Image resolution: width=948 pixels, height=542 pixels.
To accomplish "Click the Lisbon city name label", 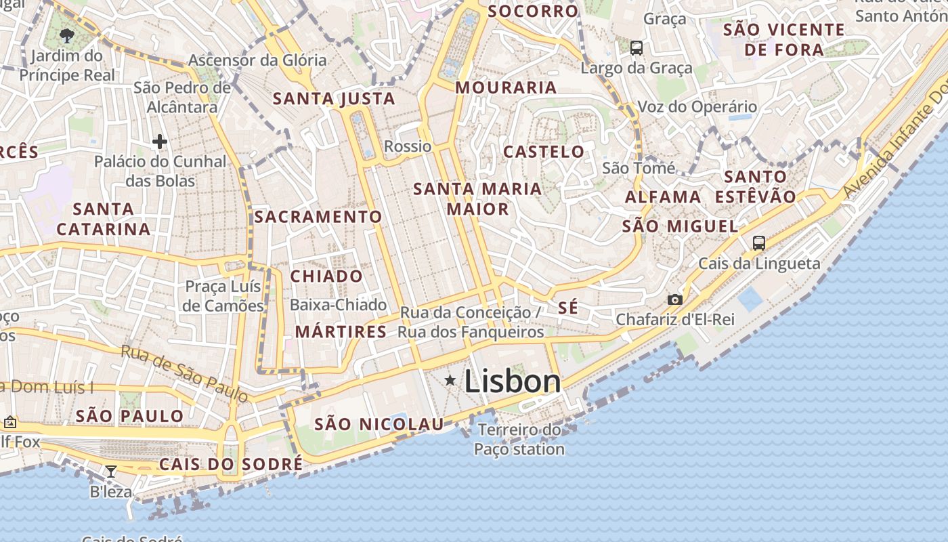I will point(513,381).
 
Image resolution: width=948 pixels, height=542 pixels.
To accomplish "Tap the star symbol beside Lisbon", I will point(450,381).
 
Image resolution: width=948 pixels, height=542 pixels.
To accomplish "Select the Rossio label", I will point(408,146).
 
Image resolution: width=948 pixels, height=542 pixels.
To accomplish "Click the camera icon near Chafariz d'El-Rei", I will point(674,299).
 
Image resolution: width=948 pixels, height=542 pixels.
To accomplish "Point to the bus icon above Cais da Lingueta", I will point(759,243).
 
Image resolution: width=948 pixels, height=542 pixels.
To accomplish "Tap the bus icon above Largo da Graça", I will point(637,48).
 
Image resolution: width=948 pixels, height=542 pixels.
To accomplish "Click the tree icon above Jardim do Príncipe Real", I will point(66,35).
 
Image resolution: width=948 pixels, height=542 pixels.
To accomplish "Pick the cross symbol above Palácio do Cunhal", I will point(160,142).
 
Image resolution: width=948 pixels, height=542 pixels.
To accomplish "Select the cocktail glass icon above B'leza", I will point(111,471).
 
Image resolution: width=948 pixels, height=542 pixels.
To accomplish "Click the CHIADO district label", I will point(327,276).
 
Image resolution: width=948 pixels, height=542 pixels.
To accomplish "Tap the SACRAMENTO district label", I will point(318,217).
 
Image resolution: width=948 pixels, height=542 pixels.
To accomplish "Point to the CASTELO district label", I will point(544,152).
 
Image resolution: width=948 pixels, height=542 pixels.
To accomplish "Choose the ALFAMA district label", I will point(663,197).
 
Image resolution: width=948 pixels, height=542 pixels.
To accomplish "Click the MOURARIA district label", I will point(506,87).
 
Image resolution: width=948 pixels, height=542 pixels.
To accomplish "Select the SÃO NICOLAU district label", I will point(379,425).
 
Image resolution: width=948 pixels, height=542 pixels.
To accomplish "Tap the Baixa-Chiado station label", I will point(338,305).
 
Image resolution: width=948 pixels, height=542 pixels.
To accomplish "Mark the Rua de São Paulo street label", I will point(185,373).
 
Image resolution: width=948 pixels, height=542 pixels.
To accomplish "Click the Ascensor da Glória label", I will point(257,60).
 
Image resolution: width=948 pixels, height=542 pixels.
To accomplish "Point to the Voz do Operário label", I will point(697,106).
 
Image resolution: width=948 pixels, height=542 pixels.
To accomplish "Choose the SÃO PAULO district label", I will point(129,416).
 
